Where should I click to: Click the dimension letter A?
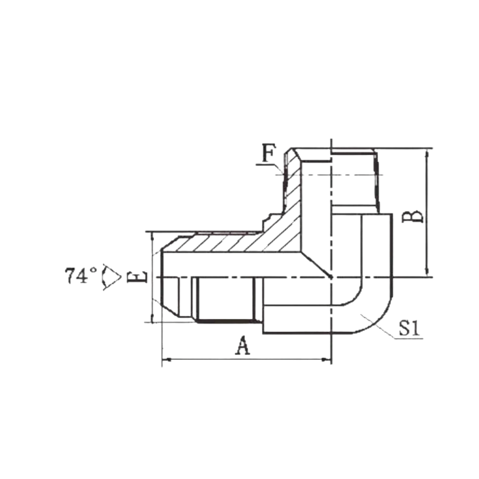click(243, 346)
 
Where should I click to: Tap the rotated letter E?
click(137, 277)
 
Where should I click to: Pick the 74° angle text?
click(81, 275)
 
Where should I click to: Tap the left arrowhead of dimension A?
click(166, 360)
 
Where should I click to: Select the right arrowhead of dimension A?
click(327, 360)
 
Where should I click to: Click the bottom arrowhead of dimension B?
click(427, 272)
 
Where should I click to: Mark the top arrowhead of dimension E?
click(152, 237)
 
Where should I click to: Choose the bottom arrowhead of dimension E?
click(152, 318)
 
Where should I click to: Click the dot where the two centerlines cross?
click(331, 277)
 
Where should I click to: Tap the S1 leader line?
click(377, 326)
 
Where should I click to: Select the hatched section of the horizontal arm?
click(232, 243)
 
